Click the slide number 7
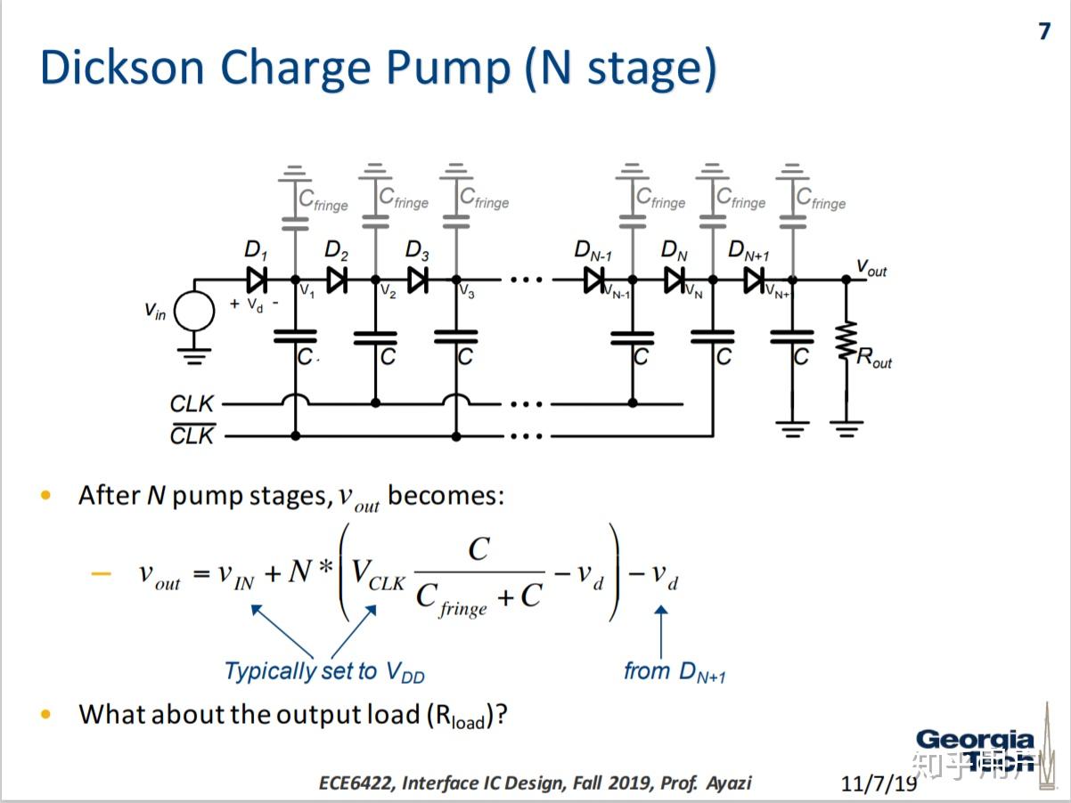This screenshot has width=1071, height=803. point(1044,32)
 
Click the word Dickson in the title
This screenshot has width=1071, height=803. point(120,69)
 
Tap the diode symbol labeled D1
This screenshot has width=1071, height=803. point(257,280)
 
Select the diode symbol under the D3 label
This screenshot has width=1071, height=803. point(418,280)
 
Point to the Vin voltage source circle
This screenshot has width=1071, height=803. point(193,312)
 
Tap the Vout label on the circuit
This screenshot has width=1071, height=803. point(871,267)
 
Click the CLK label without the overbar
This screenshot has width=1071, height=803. point(192,404)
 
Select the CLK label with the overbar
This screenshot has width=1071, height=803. point(192,436)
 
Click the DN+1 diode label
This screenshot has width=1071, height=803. point(748,252)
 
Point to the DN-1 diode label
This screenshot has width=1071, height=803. point(593,252)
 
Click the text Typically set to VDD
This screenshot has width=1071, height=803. point(323,671)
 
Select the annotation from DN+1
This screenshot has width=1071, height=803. point(674,671)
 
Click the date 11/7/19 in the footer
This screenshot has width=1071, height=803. point(879,783)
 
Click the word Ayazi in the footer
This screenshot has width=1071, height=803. point(728,783)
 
